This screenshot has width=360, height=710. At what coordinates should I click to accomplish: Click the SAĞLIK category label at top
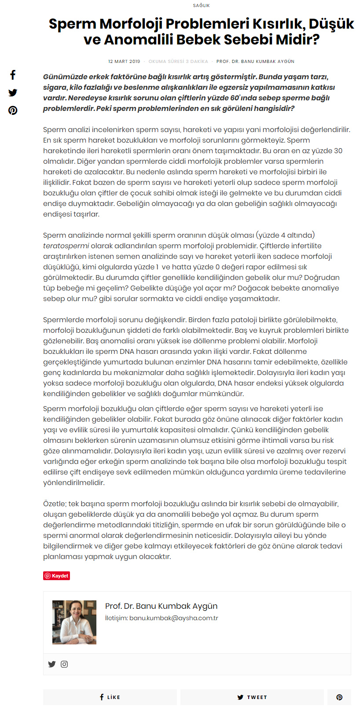coord(201,5)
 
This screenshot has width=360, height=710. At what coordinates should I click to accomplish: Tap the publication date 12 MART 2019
coord(124,62)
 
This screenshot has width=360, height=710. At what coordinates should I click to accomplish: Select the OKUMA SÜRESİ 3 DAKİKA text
coord(178,62)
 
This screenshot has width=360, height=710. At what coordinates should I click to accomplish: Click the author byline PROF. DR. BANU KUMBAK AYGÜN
coord(255,62)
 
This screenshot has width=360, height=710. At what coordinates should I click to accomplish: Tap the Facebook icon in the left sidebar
coord(13,75)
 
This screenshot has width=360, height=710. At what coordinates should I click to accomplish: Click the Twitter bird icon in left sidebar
coord(13,92)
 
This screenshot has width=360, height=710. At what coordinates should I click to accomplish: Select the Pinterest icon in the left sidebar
coord(13,110)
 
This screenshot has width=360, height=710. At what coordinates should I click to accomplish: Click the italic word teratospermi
coord(66,246)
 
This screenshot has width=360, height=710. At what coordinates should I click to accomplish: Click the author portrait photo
coord(74,622)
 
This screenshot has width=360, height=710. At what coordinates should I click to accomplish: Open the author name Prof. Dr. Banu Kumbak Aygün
coord(161,606)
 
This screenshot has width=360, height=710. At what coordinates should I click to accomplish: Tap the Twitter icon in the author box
coord(52,664)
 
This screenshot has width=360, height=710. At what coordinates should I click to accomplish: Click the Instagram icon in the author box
coord(64,664)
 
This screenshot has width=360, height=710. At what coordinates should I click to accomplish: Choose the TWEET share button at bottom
coord(252,697)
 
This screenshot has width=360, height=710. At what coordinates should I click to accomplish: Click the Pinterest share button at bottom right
coord(339,697)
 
